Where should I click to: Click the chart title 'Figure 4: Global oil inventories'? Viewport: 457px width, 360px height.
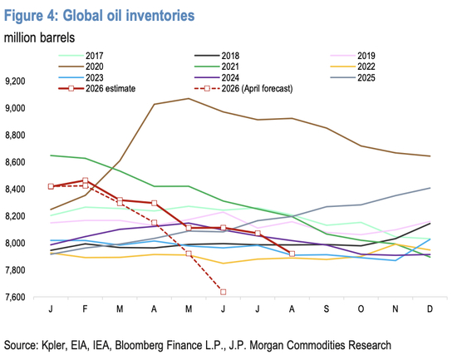coord(100,15)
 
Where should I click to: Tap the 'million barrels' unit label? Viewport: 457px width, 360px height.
coord(39,37)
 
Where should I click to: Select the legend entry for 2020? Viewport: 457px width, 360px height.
coord(81,67)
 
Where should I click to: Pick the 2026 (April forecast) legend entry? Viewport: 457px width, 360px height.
coord(243,88)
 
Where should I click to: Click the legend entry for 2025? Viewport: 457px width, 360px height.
coord(353,77)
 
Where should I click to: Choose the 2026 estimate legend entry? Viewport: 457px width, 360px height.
coord(97,88)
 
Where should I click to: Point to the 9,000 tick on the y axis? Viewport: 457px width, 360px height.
coord(15,108)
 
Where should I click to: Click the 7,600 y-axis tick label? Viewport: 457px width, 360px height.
coord(15,298)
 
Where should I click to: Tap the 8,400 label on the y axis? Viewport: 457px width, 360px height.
coord(15,190)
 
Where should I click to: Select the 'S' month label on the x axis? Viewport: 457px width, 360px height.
coord(327,308)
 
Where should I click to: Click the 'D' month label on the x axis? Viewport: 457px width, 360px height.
coord(430,308)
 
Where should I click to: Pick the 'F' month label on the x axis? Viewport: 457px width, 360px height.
coord(85,308)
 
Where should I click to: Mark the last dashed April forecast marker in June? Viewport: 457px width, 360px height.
coord(224,292)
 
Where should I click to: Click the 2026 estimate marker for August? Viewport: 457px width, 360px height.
coord(292,254)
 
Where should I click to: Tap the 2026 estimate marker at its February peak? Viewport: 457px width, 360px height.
coord(86,180)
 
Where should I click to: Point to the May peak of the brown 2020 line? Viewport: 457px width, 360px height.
coord(189,99)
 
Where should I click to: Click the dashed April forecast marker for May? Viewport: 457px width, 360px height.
coord(189,254)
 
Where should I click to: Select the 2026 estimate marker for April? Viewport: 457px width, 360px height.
coord(155,203)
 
